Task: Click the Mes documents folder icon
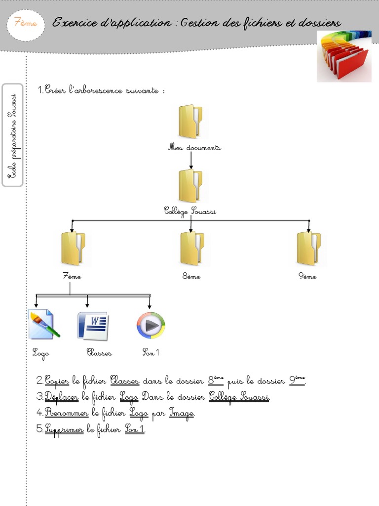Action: point(190,122)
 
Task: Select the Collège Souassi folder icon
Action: point(190,186)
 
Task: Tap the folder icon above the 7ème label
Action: point(73,249)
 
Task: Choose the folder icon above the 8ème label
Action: point(191,249)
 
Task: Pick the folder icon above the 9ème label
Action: point(308,249)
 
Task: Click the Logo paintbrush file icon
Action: point(44,325)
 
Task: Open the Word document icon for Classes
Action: point(93,326)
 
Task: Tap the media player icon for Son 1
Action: point(151,326)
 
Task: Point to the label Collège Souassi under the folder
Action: point(190,211)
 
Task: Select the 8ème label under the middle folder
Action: point(191,277)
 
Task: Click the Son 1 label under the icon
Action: point(151,353)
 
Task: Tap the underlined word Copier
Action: point(57,381)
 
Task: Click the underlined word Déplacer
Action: point(62,397)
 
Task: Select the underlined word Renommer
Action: point(66,413)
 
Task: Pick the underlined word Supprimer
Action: point(64,429)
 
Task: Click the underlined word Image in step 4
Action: point(182,413)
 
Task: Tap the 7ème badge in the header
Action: point(26,23)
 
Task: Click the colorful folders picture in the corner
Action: point(344,56)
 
